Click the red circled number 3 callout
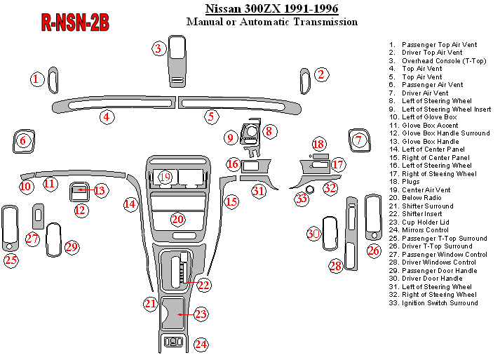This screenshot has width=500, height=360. (x=159, y=48)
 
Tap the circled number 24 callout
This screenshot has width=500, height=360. (x=201, y=344)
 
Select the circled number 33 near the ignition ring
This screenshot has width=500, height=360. (x=302, y=199)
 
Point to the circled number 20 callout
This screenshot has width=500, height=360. (x=178, y=219)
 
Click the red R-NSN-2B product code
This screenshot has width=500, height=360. (x=75, y=22)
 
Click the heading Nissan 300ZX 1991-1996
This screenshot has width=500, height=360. (x=271, y=9)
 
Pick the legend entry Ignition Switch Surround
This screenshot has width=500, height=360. (x=440, y=302)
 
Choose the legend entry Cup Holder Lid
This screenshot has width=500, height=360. (x=426, y=222)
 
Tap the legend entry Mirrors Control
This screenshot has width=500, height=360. (x=425, y=230)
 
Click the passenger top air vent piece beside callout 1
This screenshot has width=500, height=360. (x=53, y=80)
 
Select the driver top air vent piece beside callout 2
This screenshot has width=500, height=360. (x=304, y=80)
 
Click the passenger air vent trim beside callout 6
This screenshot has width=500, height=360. (x=23, y=142)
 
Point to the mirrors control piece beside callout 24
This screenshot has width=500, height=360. (x=173, y=343)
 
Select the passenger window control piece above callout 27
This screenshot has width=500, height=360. (x=38, y=216)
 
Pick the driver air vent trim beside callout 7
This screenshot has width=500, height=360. (x=359, y=140)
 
